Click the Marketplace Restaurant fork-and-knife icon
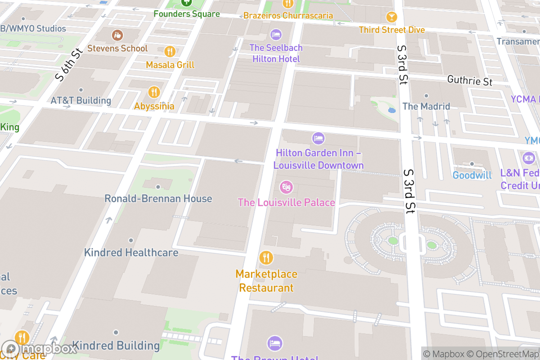coord(266,258)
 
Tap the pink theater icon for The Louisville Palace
coord(285,186)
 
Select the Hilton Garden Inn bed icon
coord(318,138)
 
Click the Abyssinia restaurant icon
coord(154,92)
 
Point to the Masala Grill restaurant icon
coord(170,51)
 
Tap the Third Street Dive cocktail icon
coord(391,17)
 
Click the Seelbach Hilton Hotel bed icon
coord(276,34)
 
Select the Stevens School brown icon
coord(117,35)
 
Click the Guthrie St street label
coord(469,81)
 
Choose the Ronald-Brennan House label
coord(158,198)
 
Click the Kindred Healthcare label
coord(131,252)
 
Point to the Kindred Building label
coord(116,346)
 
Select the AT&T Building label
coord(81,100)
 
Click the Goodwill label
coord(472,175)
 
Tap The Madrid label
coord(426,106)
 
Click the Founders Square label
coord(186,13)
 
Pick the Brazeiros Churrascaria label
coord(288,16)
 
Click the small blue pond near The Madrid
coord(391,110)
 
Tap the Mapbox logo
coord(40,348)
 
